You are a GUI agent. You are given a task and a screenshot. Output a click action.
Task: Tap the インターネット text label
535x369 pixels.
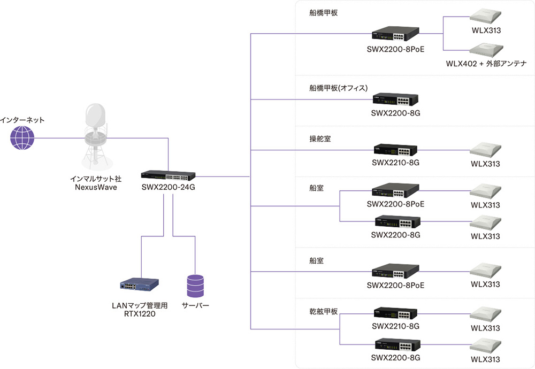(22, 120)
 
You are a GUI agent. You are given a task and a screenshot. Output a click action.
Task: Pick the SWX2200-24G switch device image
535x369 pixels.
(168, 175)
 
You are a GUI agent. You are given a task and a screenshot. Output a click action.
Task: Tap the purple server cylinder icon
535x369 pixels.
(195, 286)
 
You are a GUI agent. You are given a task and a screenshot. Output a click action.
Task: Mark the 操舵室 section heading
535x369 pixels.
(320, 139)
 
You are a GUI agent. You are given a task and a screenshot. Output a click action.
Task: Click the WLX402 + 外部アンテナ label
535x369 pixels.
(486, 63)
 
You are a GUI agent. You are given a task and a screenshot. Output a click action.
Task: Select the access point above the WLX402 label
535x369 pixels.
(486, 49)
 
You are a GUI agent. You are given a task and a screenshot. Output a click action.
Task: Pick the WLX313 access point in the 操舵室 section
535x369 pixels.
(486, 150)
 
